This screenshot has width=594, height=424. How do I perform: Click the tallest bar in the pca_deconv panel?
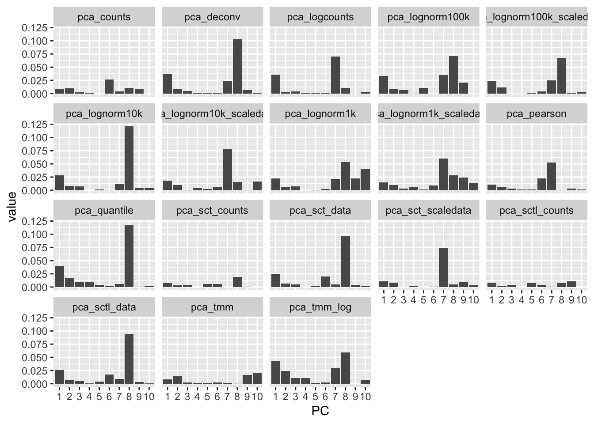[x=237, y=67]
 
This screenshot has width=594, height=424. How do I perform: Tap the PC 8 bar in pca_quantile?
[x=129, y=256]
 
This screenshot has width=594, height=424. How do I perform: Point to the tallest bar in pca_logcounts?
[x=335, y=75]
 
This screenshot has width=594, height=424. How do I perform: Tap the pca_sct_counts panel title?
[x=212, y=211]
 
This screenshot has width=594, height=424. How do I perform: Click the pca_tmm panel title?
[x=212, y=307]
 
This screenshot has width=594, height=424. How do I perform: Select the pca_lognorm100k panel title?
[x=429, y=17]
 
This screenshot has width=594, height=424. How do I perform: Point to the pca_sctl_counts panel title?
[x=537, y=211]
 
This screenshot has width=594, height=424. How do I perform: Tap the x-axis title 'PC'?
[x=320, y=411]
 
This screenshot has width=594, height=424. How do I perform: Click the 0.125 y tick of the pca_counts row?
[x=37, y=28]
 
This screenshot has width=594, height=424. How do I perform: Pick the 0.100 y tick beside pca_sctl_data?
[x=37, y=331]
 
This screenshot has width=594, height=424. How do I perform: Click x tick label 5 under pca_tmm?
[x=207, y=397]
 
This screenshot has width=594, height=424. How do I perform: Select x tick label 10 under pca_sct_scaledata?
[x=473, y=300]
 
